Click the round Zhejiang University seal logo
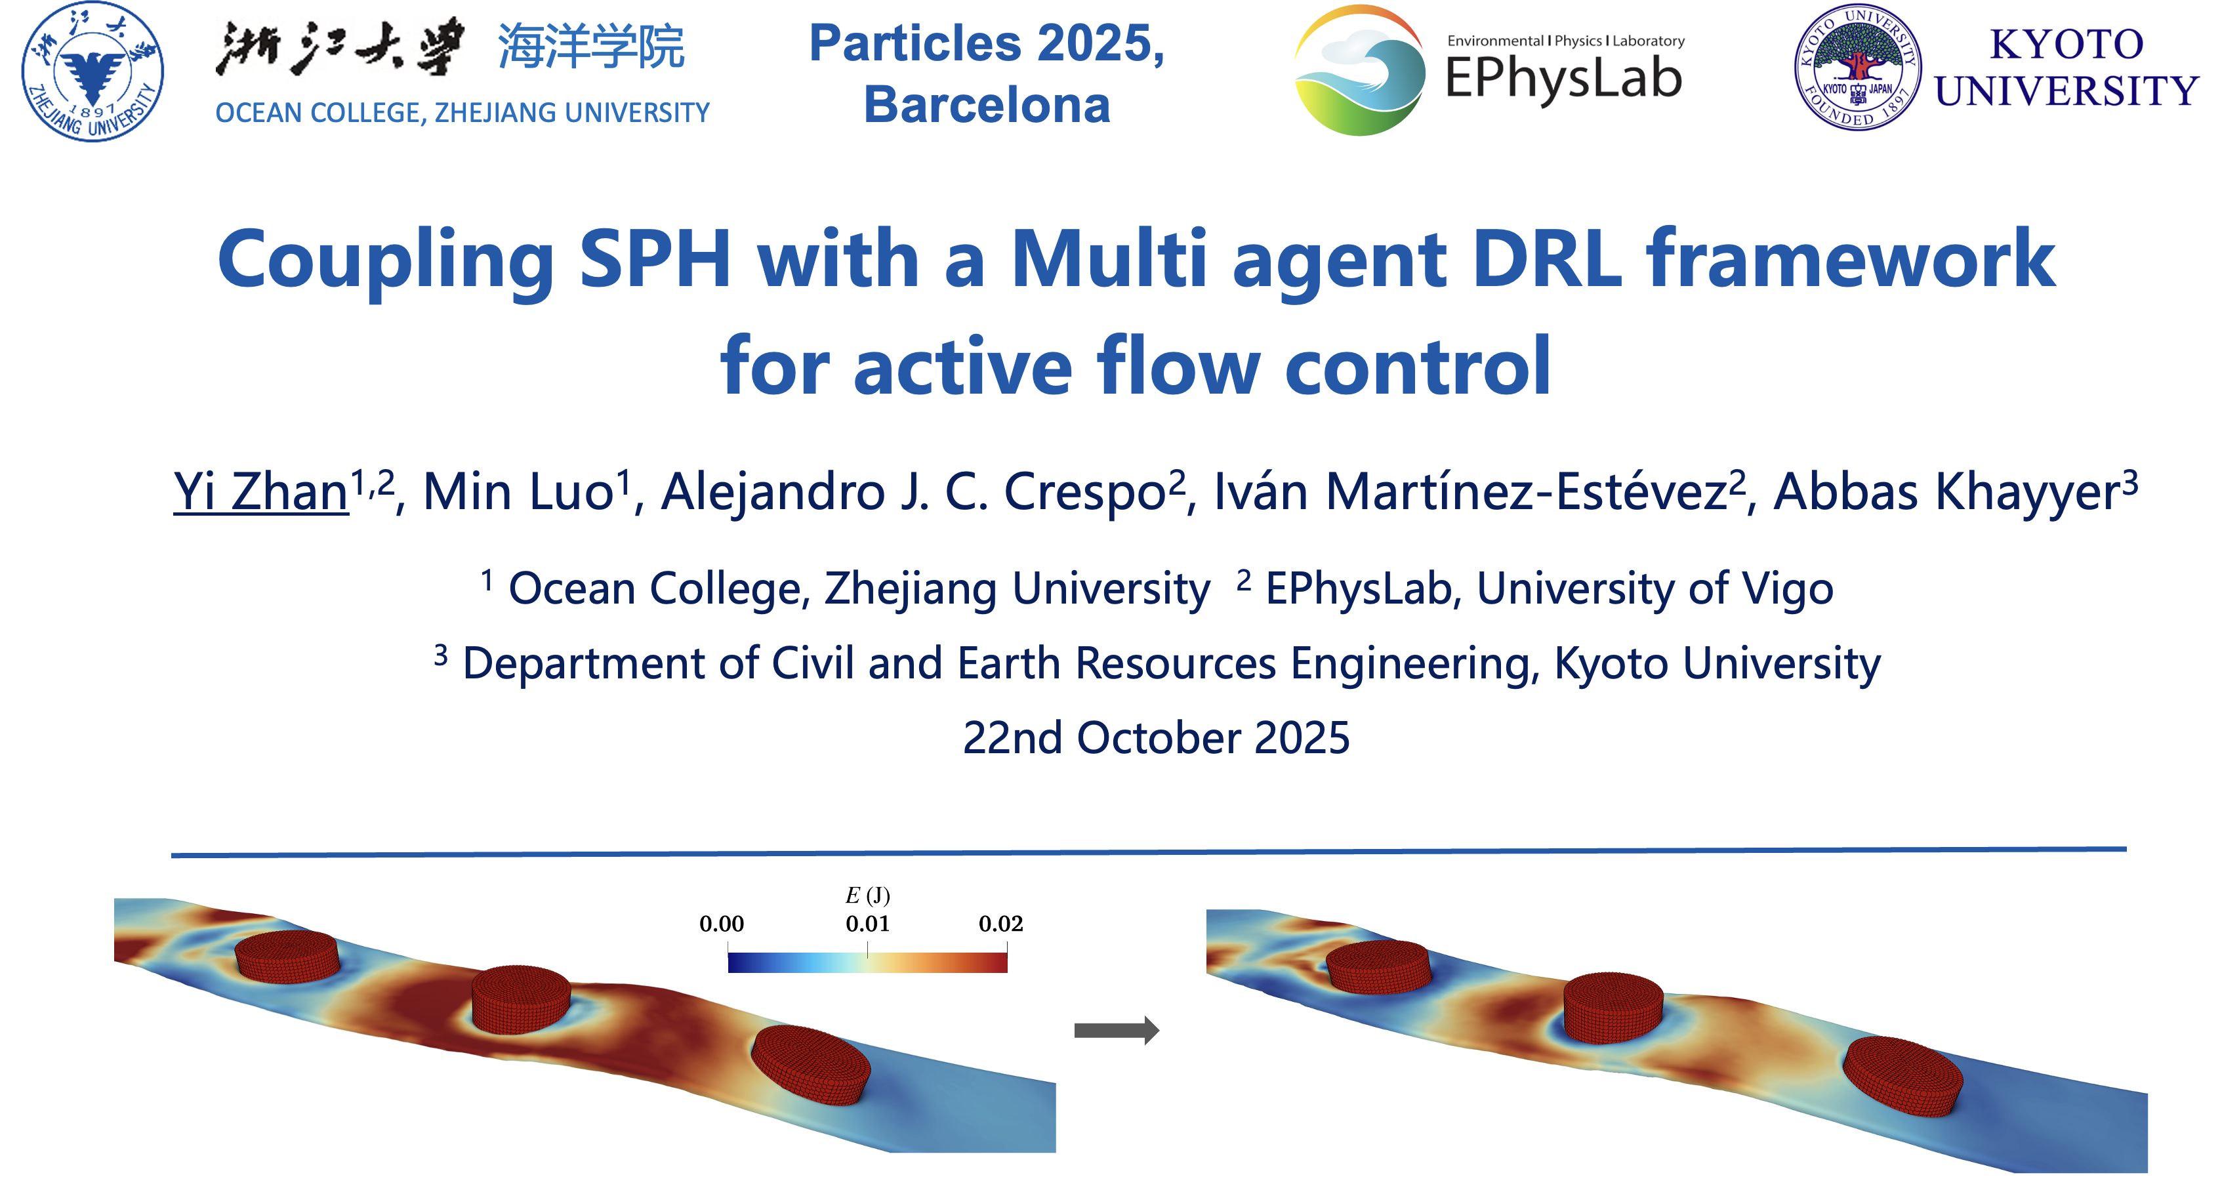tap(92, 72)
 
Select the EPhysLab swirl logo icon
tap(1359, 71)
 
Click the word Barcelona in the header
tap(987, 105)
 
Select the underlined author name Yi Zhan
tap(260, 492)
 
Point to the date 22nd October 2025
tap(1156, 738)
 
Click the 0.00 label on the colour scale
tap(722, 924)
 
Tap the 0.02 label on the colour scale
tap(1000, 924)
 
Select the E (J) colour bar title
tap(867, 896)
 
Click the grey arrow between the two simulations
tap(1116, 1030)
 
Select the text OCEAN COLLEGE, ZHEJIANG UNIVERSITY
tap(462, 113)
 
